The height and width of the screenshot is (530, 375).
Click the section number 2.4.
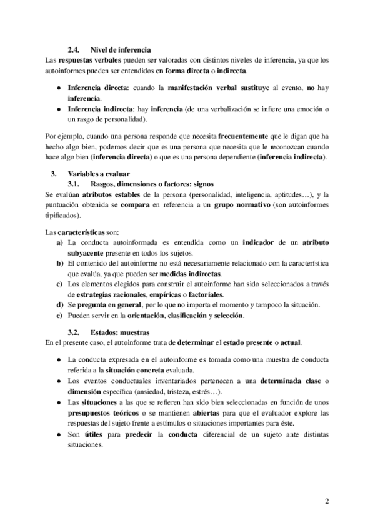click(x=74, y=49)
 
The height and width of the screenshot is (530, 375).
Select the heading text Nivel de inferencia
click(x=121, y=49)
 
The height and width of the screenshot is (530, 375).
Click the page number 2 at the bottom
click(x=327, y=501)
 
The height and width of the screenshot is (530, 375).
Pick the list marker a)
click(x=60, y=242)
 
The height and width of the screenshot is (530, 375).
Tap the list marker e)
click(x=60, y=316)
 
